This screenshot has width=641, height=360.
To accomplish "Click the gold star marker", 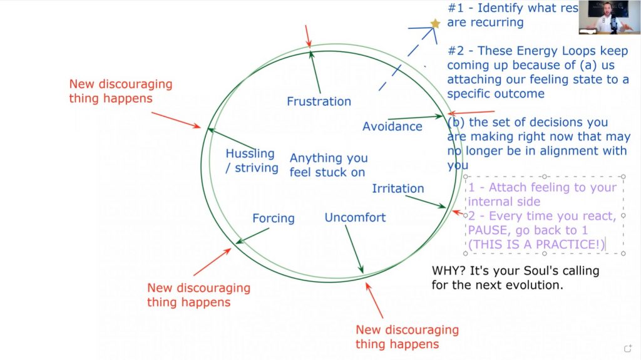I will (x=435, y=24).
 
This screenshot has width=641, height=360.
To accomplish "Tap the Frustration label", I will (x=319, y=101).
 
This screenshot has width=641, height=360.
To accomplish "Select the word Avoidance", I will (x=392, y=126).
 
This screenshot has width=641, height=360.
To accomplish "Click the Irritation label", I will (x=398, y=188).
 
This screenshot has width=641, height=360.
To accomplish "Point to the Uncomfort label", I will (x=355, y=218).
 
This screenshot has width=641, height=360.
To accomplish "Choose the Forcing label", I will (x=274, y=219).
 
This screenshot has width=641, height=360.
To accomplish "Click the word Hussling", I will (x=250, y=154).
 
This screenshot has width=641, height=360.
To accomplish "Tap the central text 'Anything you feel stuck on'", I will (x=328, y=165).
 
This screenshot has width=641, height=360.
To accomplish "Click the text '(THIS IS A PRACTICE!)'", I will (x=536, y=245).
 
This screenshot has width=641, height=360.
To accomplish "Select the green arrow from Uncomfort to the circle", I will (x=354, y=249).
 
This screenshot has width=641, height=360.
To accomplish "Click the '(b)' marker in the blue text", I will (x=456, y=122).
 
